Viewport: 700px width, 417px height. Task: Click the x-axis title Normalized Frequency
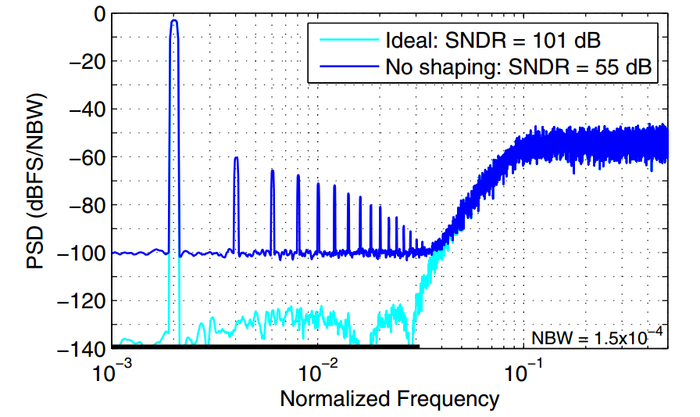pyautogui.click(x=389, y=399)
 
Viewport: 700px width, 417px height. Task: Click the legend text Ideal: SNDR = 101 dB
pyautogui.click(x=493, y=40)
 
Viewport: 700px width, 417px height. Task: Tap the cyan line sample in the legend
pyautogui.click(x=345, y=40)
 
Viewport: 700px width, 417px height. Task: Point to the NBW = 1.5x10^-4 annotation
pyautogui.click(x=598, y=337)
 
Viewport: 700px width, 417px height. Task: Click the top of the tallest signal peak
pyautogui.click(x=174, y=21)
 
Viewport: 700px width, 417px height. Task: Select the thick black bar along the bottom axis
pyautogui.click(x=266, y=346)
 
